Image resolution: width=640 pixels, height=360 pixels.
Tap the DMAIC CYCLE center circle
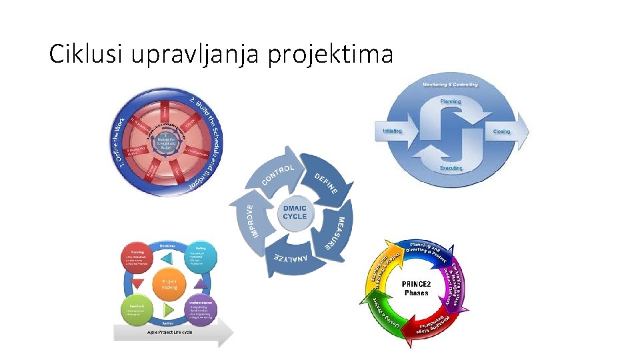(x=295, y=213)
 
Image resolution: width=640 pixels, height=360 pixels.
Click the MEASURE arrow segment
(x=337, y=233)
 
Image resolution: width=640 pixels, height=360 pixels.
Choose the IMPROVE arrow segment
(x=248, y=217)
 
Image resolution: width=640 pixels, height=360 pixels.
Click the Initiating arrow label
(x=393, y=131)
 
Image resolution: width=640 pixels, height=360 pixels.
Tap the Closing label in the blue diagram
(x=501, y=131)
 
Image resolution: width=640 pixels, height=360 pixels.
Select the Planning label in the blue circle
(x=451, y=101)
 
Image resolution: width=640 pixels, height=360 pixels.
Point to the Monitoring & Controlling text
(x=451, y=85)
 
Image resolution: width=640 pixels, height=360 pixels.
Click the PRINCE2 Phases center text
(x=415, y=289)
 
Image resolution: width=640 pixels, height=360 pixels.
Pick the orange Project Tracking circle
(x=169, y=283)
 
